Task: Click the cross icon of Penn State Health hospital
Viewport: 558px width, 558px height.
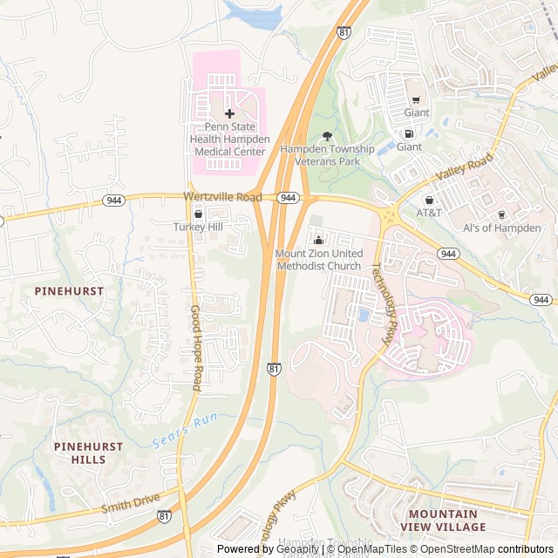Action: coord(230,114)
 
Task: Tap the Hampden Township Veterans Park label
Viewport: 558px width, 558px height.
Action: coord(327,155)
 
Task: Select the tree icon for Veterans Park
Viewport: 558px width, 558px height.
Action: coord(328,136)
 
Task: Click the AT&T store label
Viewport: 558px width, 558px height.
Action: coord(429,213)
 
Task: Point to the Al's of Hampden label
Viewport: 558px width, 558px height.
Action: coord(501,228)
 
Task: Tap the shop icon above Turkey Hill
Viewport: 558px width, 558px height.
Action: coord(198,214)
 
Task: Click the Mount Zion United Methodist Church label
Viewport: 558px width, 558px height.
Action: coord(318,259)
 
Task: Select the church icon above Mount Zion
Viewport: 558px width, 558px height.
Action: coord(318,240)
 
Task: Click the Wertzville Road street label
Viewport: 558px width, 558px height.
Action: coord(222,197)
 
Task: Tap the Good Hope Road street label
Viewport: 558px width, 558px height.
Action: coord(196,347)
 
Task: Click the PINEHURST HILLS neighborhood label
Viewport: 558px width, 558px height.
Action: coord(88,453)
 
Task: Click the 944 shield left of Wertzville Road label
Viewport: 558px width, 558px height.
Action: coord(113,200)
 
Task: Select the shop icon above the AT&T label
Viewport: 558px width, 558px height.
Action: coord(429,200)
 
